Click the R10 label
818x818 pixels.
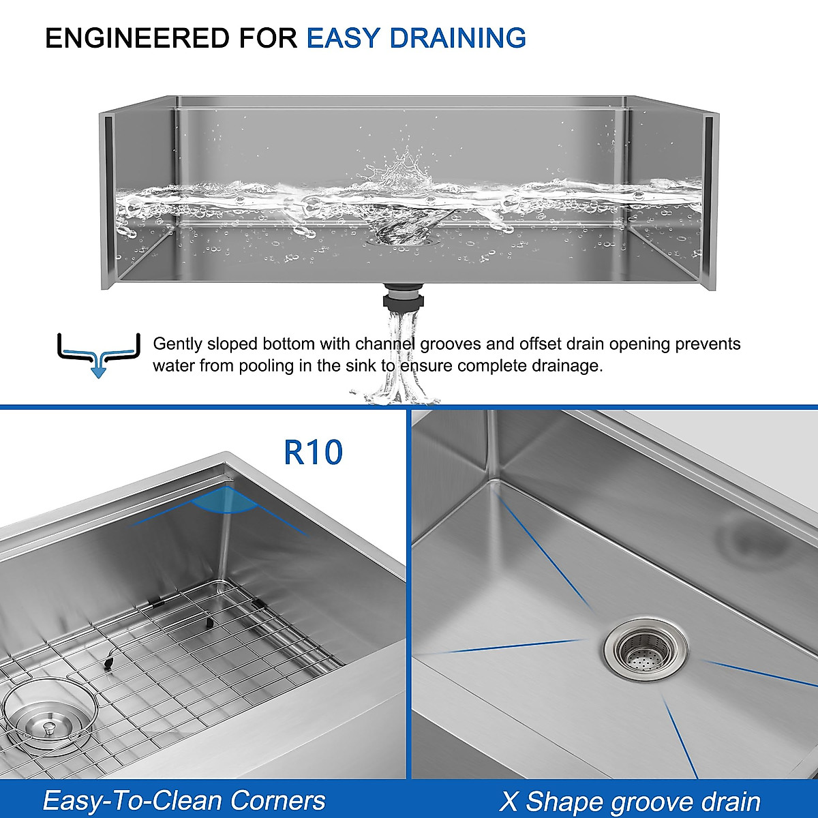[x=313, y=452]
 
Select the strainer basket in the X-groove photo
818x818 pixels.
[x=644, y=650]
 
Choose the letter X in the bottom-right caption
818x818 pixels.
[x=509, y=802]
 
